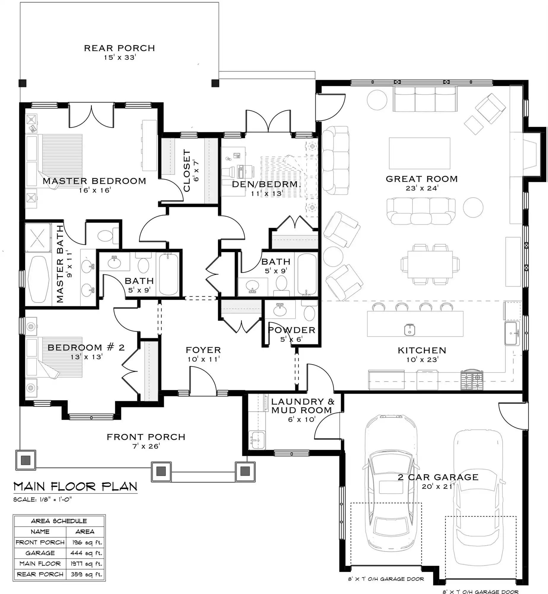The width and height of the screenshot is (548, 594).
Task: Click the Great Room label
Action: pyautogui.click(x=422, y=179)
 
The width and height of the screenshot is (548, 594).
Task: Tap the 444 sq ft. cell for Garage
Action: pyautogui.click(x=86, y=553)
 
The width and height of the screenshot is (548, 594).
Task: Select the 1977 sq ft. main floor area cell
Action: pyautogui.click(x=86, y=564)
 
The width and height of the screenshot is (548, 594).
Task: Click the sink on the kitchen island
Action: pyautogui.click(x=409, y=330)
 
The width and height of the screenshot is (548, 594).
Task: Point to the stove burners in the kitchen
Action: pyautogui.click(x=472, y=380)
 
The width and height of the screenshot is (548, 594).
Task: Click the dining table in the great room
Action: pyautogui.click(x=430, y=264)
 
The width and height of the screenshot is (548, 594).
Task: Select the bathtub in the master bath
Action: pyautogui.click(x=38, y=279)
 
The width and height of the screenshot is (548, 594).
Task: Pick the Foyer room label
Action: pyautogui.click(x=203, y=350)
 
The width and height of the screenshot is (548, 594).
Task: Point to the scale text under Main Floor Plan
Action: pyautogui.click(x=42, y=500)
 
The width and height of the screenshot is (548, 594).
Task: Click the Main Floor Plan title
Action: pyautogui.click(x=75, y=487)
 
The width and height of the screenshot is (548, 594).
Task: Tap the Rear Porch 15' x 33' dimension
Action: pyautogui.click(x=120, y=57)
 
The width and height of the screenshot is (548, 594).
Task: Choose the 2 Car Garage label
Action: pyautogui.click(x=438, y=477)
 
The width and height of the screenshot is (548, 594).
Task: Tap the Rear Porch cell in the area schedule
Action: pyautogui.click(x=40, y=574)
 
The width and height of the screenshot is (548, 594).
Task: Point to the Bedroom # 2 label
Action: pyautogui.click(x=86, y=347)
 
